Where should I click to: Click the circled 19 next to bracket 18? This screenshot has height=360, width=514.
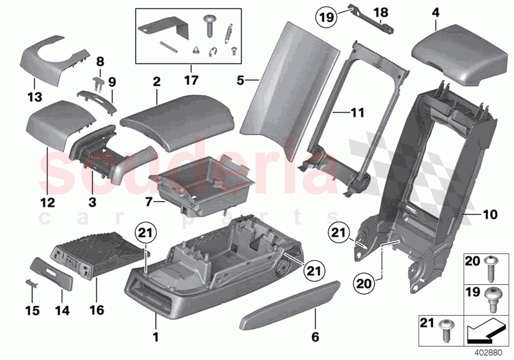[x=326, y=18]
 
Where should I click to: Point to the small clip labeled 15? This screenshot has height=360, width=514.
[x=30, y=283]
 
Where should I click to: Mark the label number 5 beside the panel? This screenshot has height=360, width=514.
[x=240, y=79]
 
